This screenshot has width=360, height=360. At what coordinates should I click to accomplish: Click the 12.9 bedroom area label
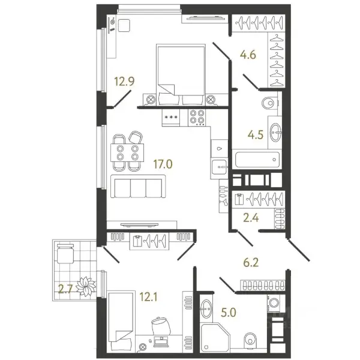pyautogui.click(x=124, y=81)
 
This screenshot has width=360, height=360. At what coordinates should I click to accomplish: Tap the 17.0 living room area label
pyautogui.click(x=163, y=164)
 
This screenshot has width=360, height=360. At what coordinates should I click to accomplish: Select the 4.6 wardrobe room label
pyautogui.click(x=248, y=55)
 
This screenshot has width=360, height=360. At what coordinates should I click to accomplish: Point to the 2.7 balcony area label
pyautogui.click(x=65, y=289)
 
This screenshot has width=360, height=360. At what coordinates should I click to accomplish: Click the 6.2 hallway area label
pyautogui.click(x=251, y=262)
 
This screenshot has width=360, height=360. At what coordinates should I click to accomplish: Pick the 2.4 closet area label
pyautogui.click(x=251, y=218)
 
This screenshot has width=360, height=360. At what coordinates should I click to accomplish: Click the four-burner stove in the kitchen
pyautogui.click(x=197, y=118)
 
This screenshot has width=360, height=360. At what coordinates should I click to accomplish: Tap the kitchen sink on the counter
pyautogui.click(x=220, y=167)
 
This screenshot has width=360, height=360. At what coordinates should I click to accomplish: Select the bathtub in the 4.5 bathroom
pyautogui.click(x=257, y=160)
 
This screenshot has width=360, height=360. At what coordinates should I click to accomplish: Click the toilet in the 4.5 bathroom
pyautogui.click(x=270, y=103)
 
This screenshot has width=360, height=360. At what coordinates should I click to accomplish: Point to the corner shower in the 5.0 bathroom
pyautogui.click(x=215, y=337)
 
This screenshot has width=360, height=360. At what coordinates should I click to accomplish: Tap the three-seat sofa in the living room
pyautogui.click(x=138, y=186)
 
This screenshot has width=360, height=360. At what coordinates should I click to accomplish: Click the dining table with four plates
pyautogui.click(x=127, y=152)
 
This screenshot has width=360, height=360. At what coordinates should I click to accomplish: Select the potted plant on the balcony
pyautogui.click(x=86, y=286)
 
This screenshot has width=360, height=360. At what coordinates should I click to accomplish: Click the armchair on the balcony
pyautogui.click(x=65, y=253)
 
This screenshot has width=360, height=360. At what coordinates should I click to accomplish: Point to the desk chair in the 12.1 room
pyautogui.click(x=161, y=326)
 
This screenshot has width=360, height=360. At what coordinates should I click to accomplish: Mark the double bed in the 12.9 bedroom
pyautogui.click(x=181, y=75)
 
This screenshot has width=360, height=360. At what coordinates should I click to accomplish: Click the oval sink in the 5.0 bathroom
pyautogui.click(x=206, y=308)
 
